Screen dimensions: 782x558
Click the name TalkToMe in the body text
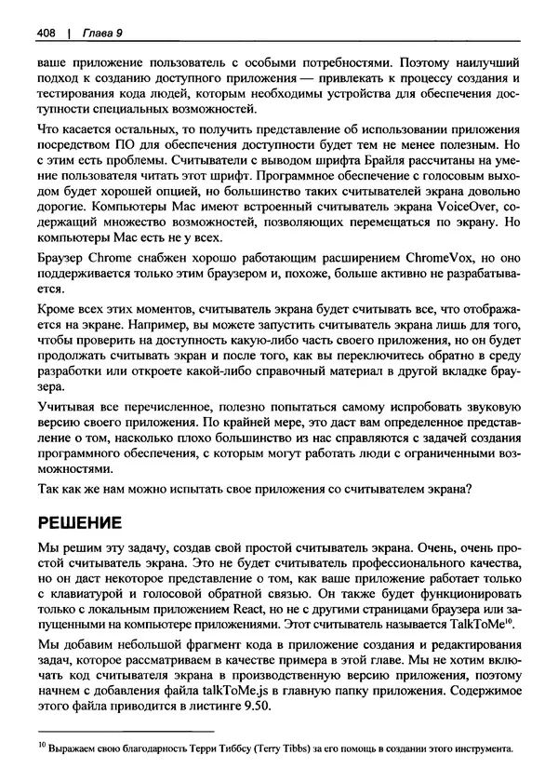click(482, 622)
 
